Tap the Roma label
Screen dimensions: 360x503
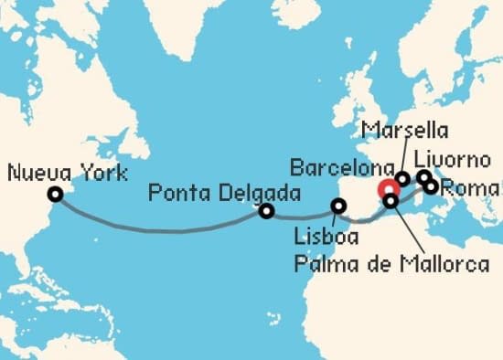click(x=470, y=189)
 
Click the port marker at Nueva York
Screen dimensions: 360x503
click(x=56, y=194)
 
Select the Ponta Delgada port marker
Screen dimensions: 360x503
click(x=266, y=211)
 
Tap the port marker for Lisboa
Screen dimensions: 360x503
click(x=339, y=206)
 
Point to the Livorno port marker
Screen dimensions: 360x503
click(x=423, y=176)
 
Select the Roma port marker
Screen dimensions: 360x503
click(x=431, y=186)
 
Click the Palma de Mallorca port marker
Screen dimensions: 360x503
click(x=391, y=200)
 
